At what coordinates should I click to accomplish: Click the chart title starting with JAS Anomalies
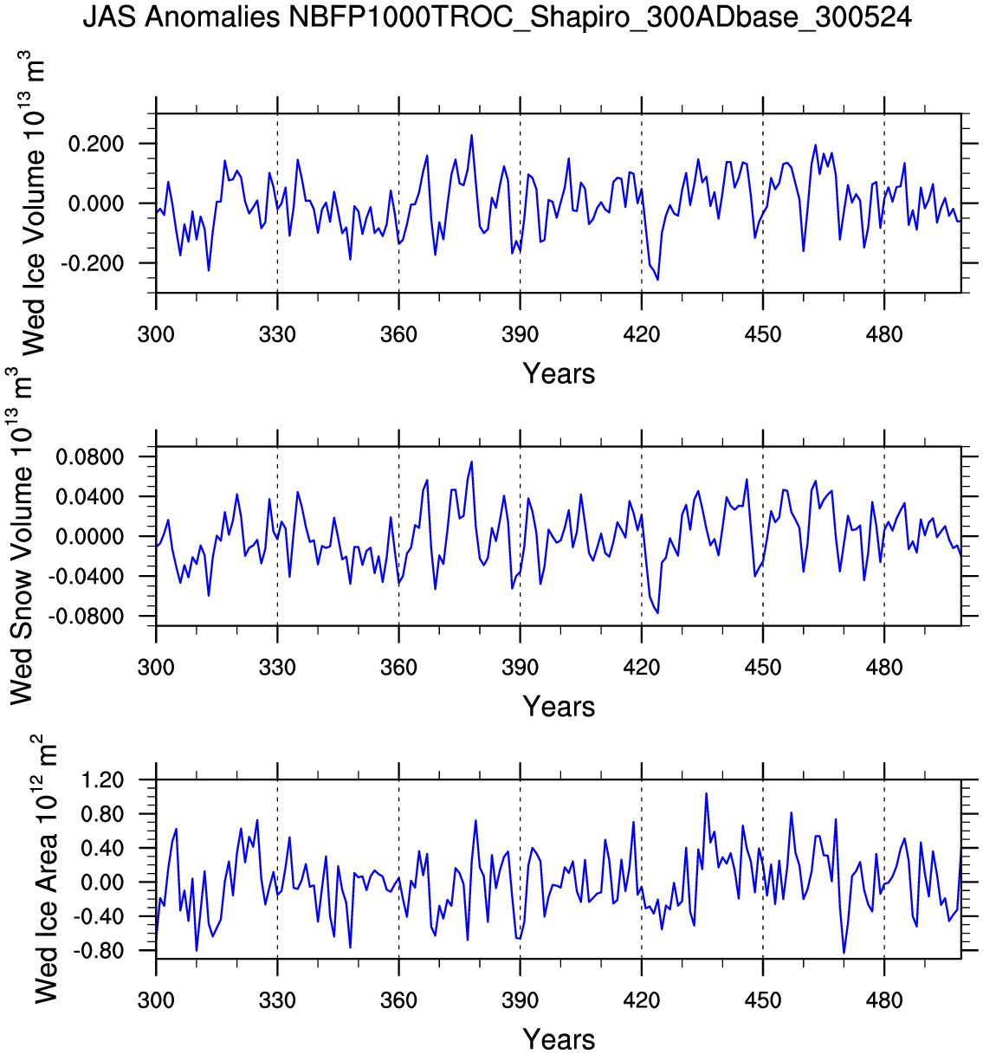pos(497,17)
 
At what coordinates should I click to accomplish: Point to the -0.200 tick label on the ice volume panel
pos(96,263)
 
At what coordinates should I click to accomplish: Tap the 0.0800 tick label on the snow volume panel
pos(90,457)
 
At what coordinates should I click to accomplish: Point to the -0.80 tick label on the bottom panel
pos(102,951)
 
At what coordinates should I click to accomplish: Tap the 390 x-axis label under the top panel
pos(520,334)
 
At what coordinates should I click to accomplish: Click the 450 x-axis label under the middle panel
pos(762,668)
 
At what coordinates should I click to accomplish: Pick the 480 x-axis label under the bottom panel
pos(883,1000)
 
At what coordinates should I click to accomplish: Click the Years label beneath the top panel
pos(559,374)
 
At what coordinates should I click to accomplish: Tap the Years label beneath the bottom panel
pos(559,1039)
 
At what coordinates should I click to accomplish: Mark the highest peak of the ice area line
pos(706,793)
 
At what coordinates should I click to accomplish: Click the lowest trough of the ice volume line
pos(657,280)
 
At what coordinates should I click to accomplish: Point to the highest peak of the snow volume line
pos(471,462)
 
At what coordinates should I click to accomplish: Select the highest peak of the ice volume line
pos(471,135)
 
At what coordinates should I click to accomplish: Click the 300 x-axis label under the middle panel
pos(156,668)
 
